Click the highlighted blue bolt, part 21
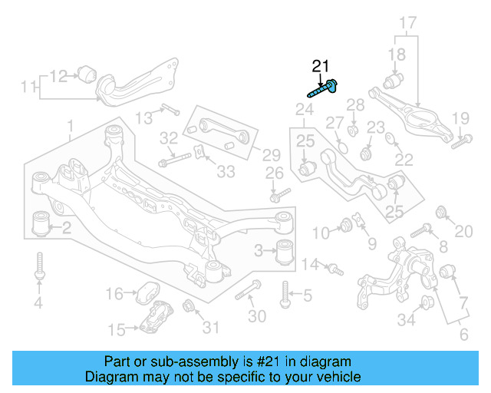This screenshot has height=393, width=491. point(322,89)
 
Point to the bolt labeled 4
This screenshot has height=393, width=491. point(38,269)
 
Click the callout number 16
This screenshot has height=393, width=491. point(114,293)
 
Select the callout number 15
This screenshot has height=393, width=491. point(117,330)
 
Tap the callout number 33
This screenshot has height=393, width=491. point(226,172)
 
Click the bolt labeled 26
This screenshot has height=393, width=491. point(279,194)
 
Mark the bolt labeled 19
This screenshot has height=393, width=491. point(460,140)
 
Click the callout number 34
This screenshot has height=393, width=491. point(406,320)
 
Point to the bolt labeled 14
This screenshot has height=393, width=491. point(334,268)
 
